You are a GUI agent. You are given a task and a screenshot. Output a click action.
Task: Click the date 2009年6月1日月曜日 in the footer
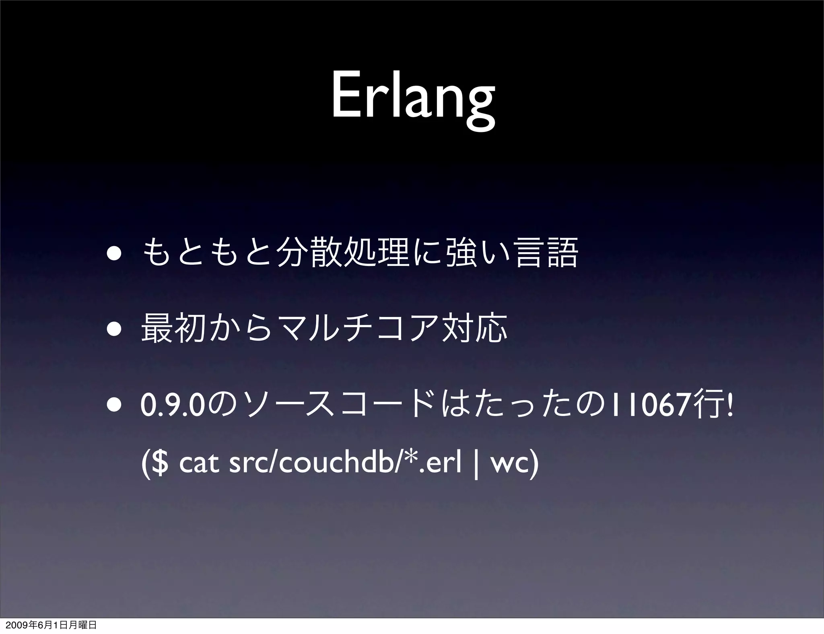[49, 625]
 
